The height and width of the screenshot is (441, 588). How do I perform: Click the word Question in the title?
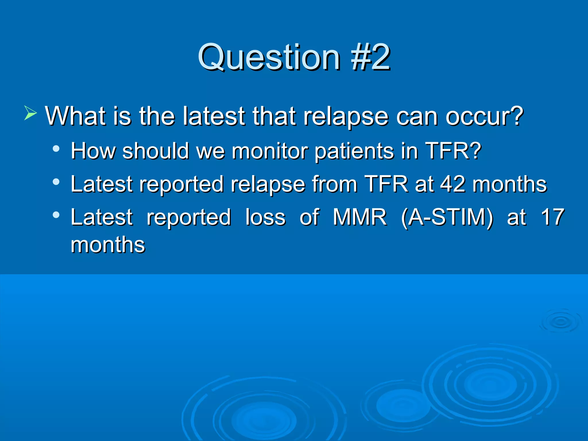(x=268, y=57)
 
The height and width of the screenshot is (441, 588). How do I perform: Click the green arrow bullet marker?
(x=30, y=113)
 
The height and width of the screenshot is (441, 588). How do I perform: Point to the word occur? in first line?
(x=485, y=116)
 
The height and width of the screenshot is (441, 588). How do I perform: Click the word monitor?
(x=269, y=151)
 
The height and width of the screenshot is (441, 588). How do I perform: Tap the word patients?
(x=354, y=152)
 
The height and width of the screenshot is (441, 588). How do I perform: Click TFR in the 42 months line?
(x=386, y=184)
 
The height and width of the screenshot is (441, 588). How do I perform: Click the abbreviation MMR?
(x=360, y=217)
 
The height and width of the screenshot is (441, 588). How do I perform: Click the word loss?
(x=265, y=217)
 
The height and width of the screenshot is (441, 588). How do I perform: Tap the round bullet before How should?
(x=56, y=149)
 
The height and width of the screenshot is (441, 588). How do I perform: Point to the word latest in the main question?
(x=214, y=116)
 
